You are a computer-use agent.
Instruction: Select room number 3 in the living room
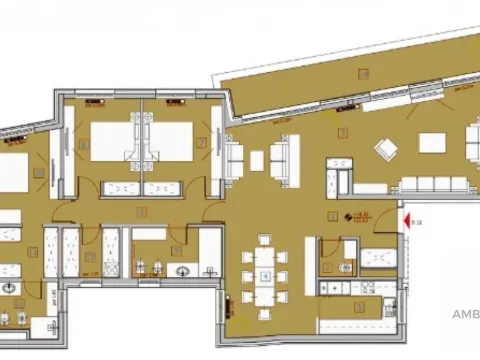(343, 132)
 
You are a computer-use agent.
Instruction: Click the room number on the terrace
(364, 74)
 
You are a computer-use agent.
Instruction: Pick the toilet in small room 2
(344, 268)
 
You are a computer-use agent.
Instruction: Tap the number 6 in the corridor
(142, 211)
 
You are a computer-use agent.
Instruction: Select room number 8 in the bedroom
(84, 143)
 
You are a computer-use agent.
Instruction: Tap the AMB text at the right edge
(466, 313)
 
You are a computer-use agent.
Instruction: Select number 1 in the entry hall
(334, 216)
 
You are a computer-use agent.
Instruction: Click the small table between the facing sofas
(257, 158)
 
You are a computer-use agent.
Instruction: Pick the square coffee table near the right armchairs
(432, 143)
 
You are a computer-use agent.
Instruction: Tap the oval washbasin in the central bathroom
(183, 271)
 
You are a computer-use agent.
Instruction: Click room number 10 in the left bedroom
(37, 172)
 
